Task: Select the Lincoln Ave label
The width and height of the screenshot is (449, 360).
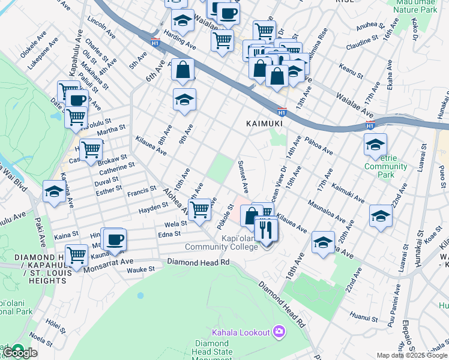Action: tap(100, 23)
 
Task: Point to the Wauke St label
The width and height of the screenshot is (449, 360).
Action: tap(141, 271)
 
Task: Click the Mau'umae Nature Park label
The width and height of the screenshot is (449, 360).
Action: tap(414, 7)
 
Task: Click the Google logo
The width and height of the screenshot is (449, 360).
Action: tap(20, 353)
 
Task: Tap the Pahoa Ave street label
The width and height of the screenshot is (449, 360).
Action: tap(319, 145)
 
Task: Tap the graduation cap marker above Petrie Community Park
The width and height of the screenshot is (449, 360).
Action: tap(375, 145)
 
